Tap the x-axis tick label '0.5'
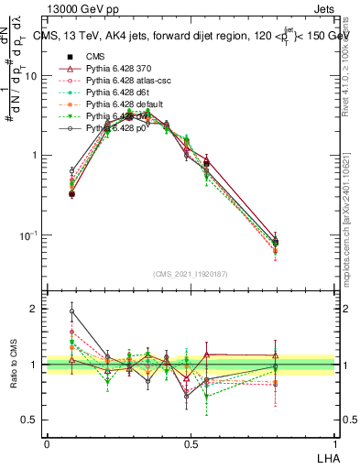[x=190, y=443]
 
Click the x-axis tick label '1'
[x=333, y=443]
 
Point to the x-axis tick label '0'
[x=47, y=443]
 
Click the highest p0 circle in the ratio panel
[x=72, y=311]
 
